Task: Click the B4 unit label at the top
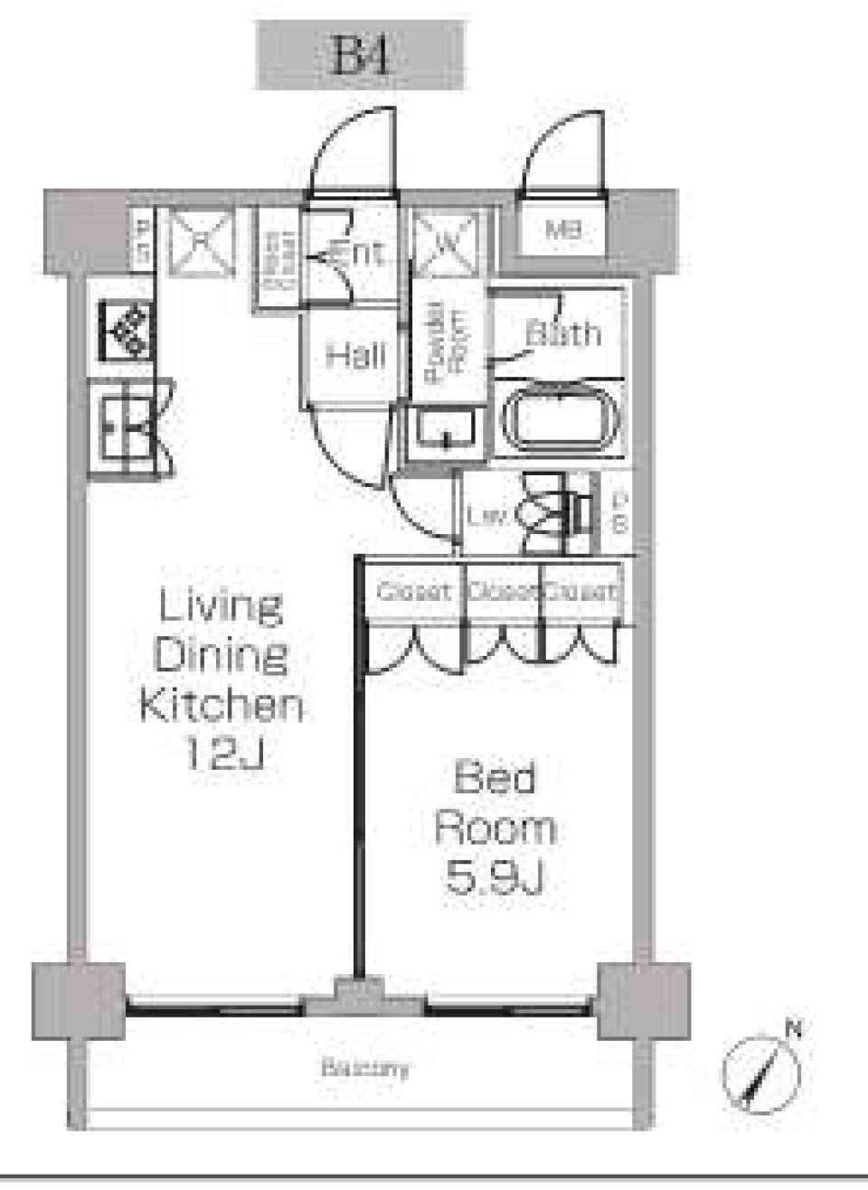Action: click(361, 55)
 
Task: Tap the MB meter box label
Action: click(562, 230)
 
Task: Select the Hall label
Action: click(355, 355)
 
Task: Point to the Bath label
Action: click(563, 333)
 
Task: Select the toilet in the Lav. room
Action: click(552, 515)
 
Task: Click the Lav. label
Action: click(486, 516)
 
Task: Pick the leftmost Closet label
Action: click(413, 592)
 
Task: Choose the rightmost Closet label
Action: click(582, 592)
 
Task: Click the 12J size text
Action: click(223, 752)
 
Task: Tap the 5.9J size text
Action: click(495, 876)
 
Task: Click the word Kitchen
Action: click(222, 705)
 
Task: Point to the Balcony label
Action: click(364, 1068)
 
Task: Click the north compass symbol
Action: click(762, 1071)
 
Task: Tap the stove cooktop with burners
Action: click(127, 331)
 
